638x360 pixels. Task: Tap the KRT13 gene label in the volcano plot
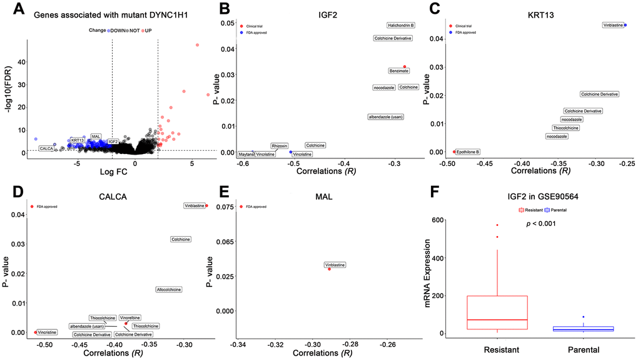pos(78,140)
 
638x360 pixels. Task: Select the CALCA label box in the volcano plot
pos(46,148)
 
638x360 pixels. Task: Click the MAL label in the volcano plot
pos(96,136)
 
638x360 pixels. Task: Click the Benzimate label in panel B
pos(399,71)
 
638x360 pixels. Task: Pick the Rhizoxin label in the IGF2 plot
pos(280,145)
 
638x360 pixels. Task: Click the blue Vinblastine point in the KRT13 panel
pos(625,25)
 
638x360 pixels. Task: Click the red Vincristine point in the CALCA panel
pos(36,332)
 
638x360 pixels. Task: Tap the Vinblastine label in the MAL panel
pos(335,265)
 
